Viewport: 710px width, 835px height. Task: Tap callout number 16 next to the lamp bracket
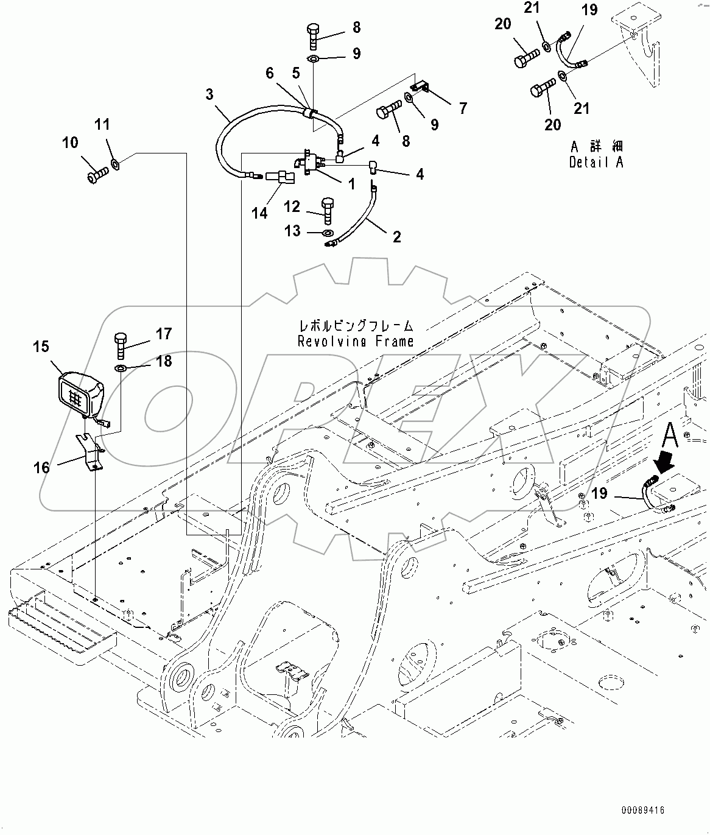point(41,467)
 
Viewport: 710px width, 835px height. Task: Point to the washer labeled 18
point(121,368)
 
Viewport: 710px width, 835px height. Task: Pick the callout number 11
point(102,124)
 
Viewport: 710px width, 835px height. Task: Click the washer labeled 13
point(327,233)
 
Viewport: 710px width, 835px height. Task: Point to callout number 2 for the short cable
point(397,237)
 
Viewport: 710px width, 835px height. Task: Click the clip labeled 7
point(419,89)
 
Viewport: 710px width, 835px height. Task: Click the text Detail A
point(596,163)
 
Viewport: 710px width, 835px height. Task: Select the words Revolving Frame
point(355,342)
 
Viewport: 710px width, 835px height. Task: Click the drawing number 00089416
point(642,811)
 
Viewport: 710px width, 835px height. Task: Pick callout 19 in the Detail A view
point(589,10)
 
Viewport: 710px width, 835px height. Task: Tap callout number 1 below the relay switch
point(351,184)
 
